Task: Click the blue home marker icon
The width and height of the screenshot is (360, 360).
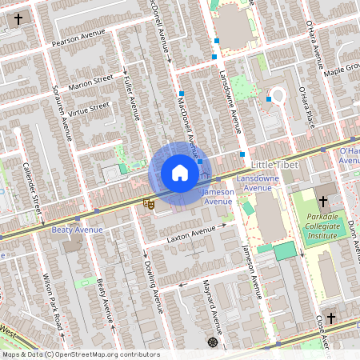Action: (179, 172)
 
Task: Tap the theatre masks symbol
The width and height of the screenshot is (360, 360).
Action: (148, 205)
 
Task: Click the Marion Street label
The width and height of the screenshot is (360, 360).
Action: (91, 82)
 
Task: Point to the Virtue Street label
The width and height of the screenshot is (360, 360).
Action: (88, 106)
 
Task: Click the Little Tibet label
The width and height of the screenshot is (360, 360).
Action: (274, 164)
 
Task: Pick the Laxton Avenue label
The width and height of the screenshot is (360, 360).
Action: (191, 234)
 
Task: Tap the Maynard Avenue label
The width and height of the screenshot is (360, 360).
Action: (214, 308)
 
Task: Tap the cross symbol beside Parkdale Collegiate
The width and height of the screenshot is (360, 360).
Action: (323, 202)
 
